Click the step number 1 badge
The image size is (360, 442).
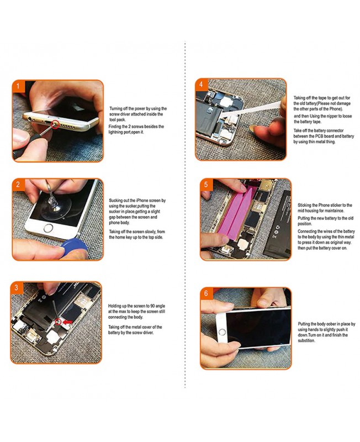[18, 86]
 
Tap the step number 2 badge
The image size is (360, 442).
[18, 185]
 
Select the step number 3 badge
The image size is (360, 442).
[17, 287]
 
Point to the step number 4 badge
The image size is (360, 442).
[201, 85]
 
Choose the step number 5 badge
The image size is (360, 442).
[206, 185]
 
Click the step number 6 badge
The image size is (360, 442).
[206, 293]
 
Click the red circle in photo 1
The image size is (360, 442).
[55, 123]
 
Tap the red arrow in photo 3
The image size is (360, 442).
[67, 322]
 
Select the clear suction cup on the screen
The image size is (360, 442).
[52, 205]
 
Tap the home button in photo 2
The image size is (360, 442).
[49, 228]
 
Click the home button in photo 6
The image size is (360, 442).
[223, 332]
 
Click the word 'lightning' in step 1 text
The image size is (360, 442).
[116, 132]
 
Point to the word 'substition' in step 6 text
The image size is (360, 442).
[306, 341]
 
